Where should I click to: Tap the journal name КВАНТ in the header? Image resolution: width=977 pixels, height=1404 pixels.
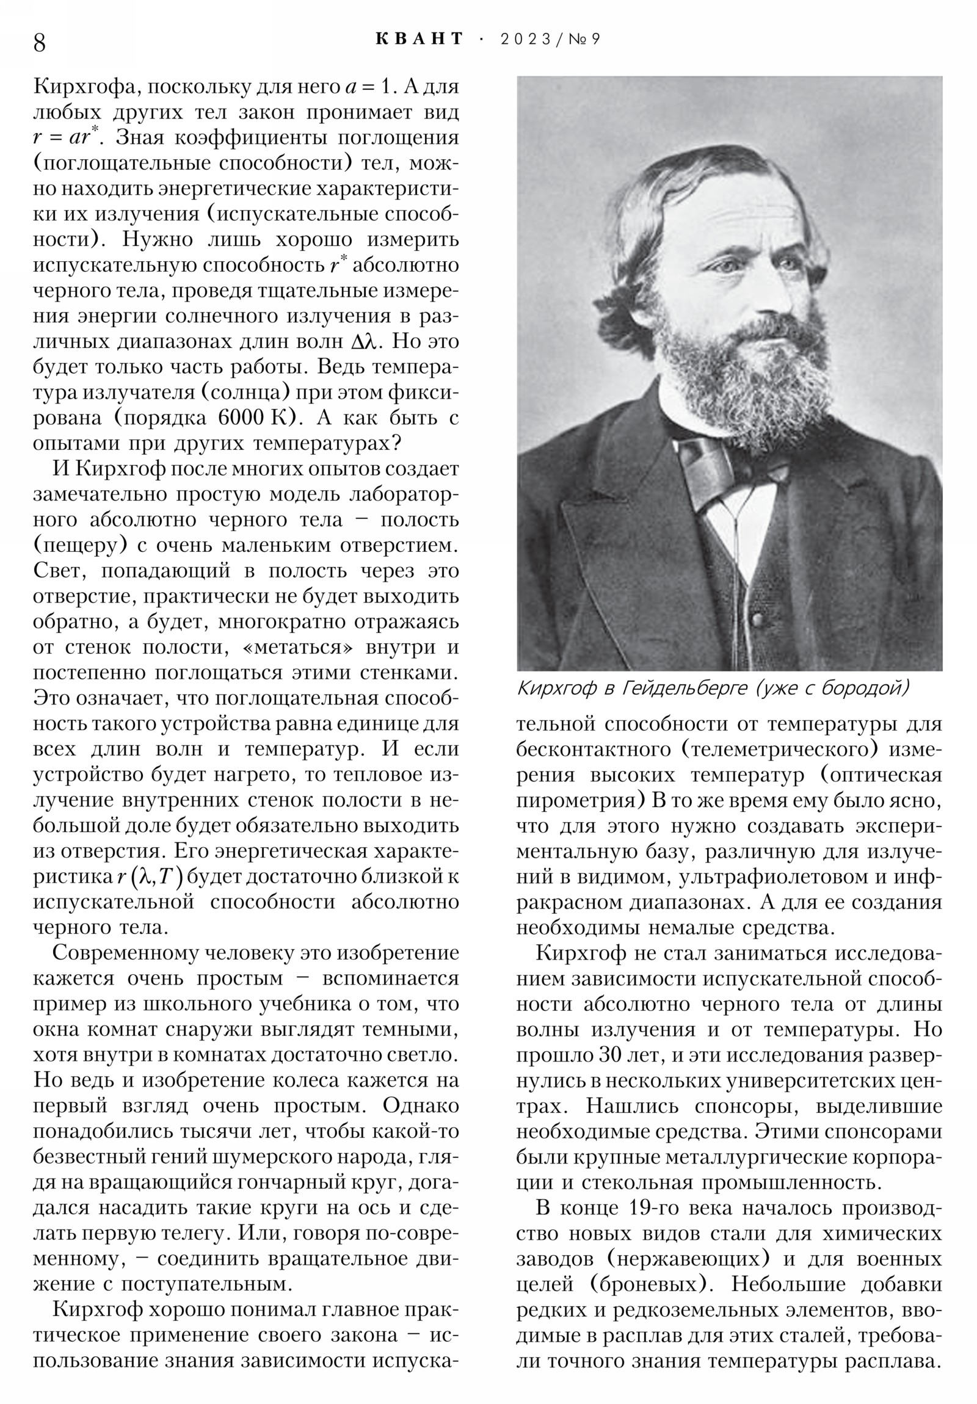[419, 39]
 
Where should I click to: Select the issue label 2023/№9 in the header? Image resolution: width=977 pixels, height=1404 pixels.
[550, 39]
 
